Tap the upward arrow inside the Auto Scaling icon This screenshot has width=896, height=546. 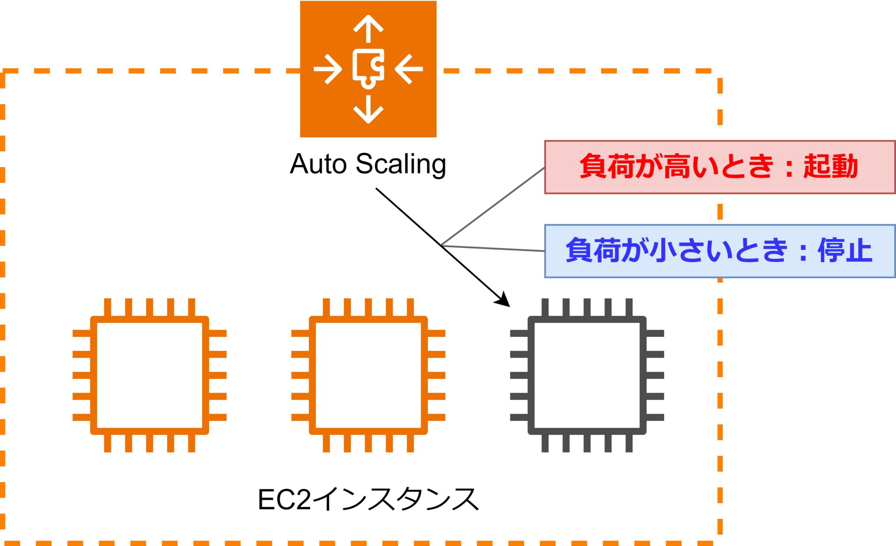point(368,28)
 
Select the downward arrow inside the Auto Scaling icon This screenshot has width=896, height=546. point(368,109)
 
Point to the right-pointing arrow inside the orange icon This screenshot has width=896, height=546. point(328,69)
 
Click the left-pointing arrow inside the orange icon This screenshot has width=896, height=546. point(409,69)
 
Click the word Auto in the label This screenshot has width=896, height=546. point(318,164)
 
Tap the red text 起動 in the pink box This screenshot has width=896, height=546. point(830,167)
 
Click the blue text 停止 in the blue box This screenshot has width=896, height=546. point(845,251)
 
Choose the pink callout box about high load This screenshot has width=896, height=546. point(720,167)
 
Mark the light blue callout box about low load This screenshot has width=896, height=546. point(720,251)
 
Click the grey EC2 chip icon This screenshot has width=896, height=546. point(587,375)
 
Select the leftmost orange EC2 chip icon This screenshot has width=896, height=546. point(149,375)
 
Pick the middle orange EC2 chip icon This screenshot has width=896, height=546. point(368,375)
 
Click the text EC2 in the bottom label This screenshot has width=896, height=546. point(284,500)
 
